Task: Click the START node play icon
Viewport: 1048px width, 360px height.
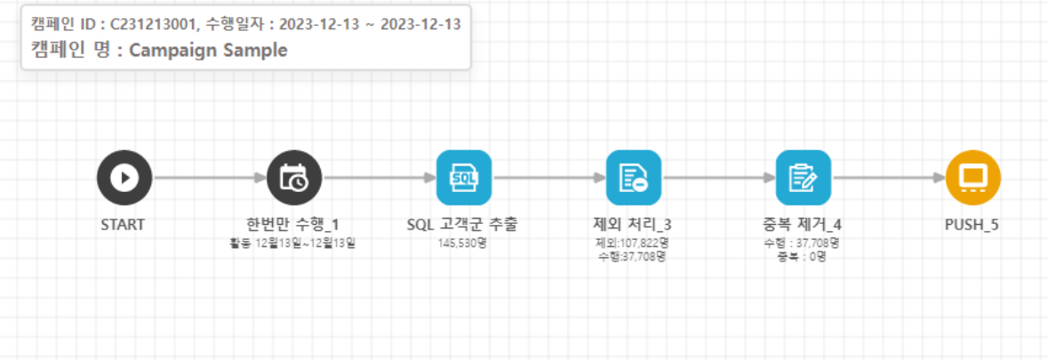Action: click(x=124, y=178)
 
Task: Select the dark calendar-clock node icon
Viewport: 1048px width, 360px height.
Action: click(x=294, y=178)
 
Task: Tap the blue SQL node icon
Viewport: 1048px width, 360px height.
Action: click(x=463, y=178)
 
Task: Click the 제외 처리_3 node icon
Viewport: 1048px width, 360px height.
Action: click(x=633, y=178)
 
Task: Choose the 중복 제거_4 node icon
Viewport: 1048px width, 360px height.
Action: click(x=803, y=178)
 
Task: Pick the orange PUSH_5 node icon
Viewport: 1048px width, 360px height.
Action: click(x=972, y=178)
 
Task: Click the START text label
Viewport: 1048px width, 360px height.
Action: click(x=124, y=225)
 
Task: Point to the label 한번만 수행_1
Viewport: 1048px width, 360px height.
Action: click(x=292, y=225)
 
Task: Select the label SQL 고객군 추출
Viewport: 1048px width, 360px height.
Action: click(x=462, y=225)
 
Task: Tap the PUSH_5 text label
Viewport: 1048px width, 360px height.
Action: click(x=972, y=225)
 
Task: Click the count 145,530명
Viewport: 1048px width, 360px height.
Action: click(x=462, y=243)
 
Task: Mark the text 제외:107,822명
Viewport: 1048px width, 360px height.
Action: click(x=632, y=243)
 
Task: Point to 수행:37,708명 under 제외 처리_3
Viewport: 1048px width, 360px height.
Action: click(x=632, y=257)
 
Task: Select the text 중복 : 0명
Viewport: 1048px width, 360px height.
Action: click(x=802, y=257)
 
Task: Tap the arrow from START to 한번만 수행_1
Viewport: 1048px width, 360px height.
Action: click(x=209, y=178)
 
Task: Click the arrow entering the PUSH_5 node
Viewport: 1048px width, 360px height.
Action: click(x=888, y=178)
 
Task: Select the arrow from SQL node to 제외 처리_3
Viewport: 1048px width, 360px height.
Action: click(x=548, y=178)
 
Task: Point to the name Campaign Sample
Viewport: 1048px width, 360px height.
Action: click(x=208, y=50)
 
